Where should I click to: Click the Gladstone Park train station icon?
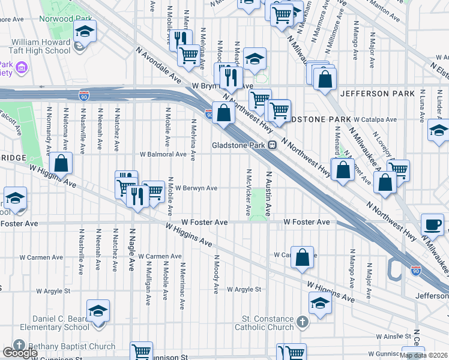[x=272, y=145]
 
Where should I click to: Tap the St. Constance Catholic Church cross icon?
[x=303, y=322]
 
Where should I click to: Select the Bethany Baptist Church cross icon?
[x=19, y=346]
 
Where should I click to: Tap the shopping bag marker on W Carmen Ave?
[x=303, y=257]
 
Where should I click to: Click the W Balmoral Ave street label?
[x=163, y=154]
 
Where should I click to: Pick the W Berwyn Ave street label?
[x=196, y=188]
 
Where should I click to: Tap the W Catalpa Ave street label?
[x=375, y=119]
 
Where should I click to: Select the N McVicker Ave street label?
[x=248, y=193]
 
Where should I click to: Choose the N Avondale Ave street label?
[x=158, y=65]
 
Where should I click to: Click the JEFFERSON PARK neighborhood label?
[x=378, y=94]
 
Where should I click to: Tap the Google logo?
[x=20, y=353]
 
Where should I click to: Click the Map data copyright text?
[x=423, y=355]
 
